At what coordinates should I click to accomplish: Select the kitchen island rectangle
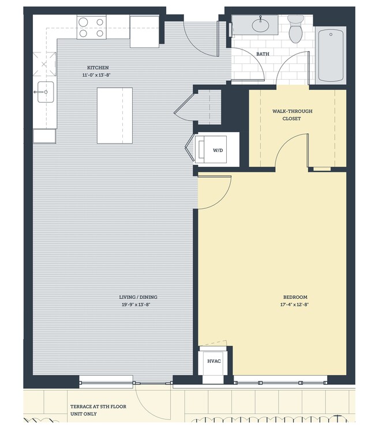[x=114, y=115]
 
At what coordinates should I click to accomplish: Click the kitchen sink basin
[x=45, y=92]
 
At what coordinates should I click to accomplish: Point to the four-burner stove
[x=91, y=28]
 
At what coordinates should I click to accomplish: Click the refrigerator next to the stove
[x=144, y=31]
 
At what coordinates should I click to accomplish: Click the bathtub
[x=331, y=56]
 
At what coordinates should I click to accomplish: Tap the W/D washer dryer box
[x=217, y=150]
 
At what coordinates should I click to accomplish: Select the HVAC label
[x=213, y=361]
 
